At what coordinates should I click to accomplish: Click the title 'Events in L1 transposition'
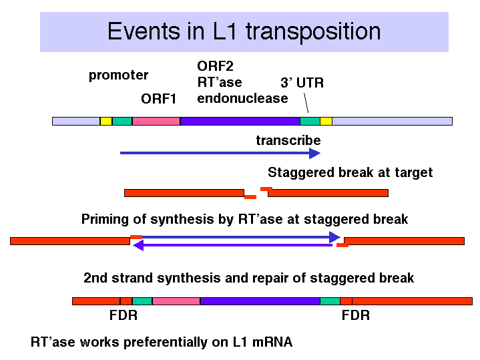244,31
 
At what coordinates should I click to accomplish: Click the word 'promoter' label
118,75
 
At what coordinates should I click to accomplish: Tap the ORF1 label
159,99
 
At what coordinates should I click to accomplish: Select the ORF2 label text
215,66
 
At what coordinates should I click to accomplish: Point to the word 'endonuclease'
242,98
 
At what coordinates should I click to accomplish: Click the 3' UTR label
302,83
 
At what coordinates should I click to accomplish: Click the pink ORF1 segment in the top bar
156,122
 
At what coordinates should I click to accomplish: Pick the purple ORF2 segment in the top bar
240,122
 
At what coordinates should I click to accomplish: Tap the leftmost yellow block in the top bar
106,122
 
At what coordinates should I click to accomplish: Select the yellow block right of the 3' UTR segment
326,122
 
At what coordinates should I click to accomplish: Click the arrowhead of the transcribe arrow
314,153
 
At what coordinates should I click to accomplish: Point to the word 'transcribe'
288,141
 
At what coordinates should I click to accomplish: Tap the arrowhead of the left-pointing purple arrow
138,245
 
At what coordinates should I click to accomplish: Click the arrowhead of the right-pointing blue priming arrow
334,237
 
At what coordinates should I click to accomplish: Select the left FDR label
124,315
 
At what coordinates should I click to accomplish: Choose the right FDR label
356,315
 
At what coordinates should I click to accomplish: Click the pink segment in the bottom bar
176,301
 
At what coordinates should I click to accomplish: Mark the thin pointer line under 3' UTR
306,103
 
